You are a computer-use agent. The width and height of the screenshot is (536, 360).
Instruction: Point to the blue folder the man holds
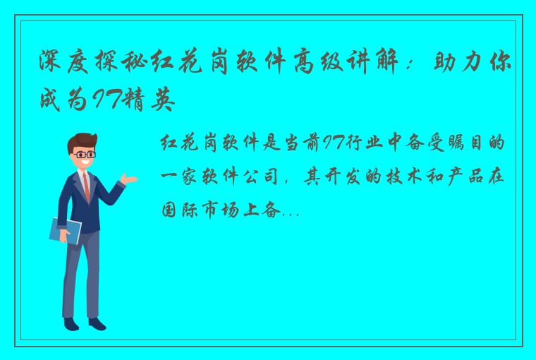point(66,229)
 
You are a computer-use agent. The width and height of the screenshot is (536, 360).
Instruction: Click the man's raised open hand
point(128,179)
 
